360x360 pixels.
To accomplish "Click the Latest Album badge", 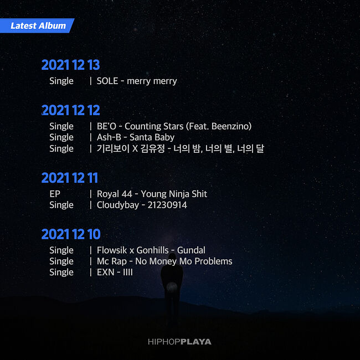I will pos(38,25).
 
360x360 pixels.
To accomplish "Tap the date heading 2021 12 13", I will pos(70,65).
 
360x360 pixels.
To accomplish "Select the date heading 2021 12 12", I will pos(70,110).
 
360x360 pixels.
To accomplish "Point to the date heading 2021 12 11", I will pos(69,178).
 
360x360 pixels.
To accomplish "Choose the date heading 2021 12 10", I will pos(70,234).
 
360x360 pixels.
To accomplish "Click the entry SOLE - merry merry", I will pos(137,81).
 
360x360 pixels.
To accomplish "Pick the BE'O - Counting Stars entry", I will pos(174,126).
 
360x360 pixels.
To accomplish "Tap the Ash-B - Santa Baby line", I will pos(135,137).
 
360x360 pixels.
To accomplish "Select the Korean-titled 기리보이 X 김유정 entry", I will pos(180,148).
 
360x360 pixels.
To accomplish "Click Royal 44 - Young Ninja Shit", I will pos(152,194).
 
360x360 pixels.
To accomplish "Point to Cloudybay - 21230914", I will pos(142,205).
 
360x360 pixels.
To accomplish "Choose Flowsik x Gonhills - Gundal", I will pos(151,250).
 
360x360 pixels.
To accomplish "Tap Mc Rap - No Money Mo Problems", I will pos(164,261).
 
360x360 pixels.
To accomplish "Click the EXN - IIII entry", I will pos(115,272).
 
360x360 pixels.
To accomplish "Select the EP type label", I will pos(55,194).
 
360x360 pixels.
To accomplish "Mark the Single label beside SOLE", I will pos(61,81).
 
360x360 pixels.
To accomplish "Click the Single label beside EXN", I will pos(61,272).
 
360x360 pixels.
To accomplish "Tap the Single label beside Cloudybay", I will pos(61,205).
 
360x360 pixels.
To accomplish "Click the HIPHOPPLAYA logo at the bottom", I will pos(179,342).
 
